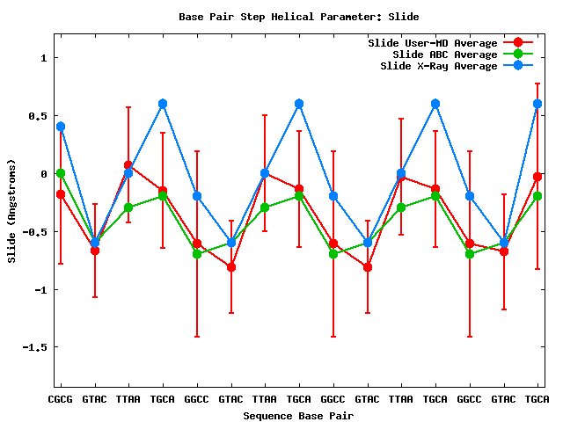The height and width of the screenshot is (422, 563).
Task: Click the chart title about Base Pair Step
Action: (299, 16)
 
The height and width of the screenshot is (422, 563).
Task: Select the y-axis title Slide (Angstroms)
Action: (11, 211)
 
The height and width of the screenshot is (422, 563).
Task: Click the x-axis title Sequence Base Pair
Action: (299, 414)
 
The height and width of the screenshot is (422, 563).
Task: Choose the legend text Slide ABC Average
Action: (445, 54)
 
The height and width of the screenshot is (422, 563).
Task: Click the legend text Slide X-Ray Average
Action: (439, 65)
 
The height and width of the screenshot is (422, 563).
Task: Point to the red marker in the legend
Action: (518, 42)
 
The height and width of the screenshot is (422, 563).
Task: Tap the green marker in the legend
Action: (518, 54)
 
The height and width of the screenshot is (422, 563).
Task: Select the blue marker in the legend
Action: (518, 65)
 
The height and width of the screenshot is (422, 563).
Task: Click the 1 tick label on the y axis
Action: (43, 58)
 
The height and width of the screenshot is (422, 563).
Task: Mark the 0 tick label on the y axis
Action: (43, 173)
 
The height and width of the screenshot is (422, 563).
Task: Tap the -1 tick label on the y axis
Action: (40, 289)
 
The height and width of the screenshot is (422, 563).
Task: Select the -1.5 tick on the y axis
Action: (35, 346)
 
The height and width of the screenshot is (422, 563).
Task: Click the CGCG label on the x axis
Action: (61, 399)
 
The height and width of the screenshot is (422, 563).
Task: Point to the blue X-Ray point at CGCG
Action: (61, 127)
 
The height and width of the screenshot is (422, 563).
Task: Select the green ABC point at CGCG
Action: (61, 173)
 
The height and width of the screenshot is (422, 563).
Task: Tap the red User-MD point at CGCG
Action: (61, 194)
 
